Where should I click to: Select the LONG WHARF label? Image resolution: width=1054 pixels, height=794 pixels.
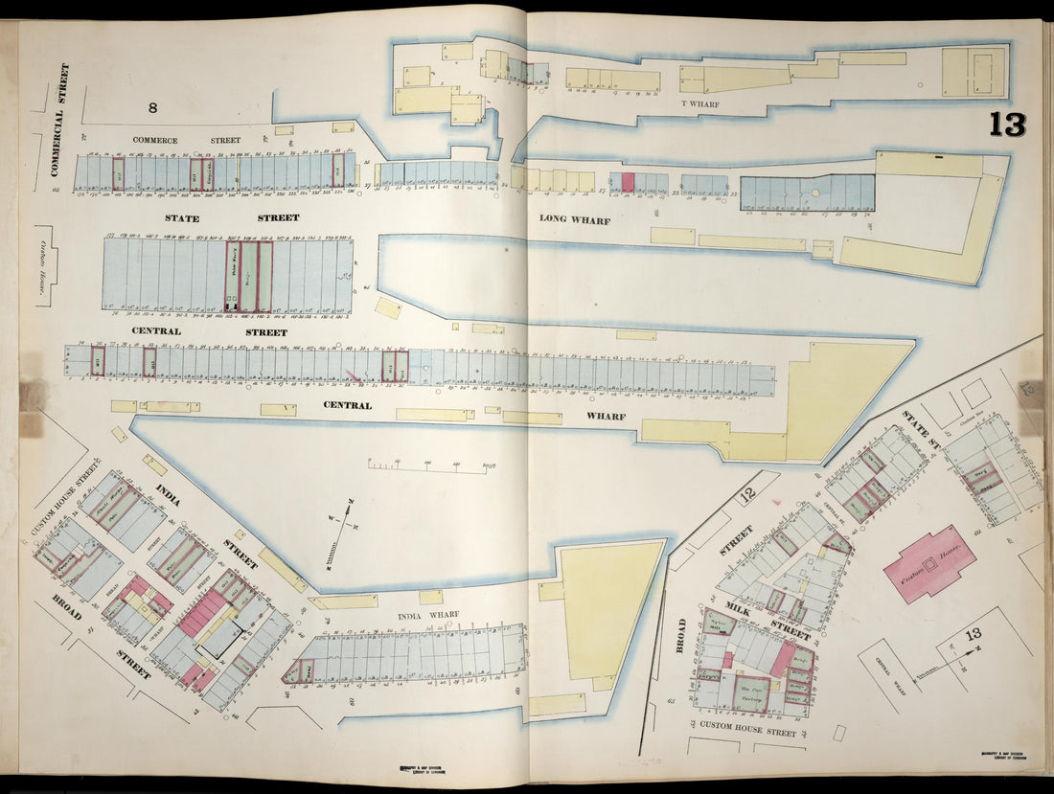[x=575, y=218]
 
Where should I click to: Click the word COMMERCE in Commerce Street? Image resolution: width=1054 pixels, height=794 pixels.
[x=155, y=141]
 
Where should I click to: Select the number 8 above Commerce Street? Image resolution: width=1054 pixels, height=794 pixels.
[x=151, y=108]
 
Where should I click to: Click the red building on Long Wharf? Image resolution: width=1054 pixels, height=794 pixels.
[x=628, y=182]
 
